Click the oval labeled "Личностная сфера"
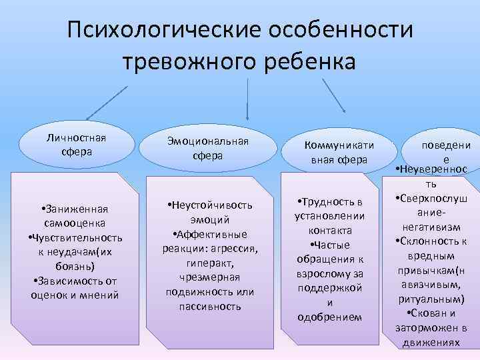[x=75, y=145]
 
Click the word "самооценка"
[x=75, y=221]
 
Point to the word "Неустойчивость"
[x=212, y=205]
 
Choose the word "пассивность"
[x=210, y=307]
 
